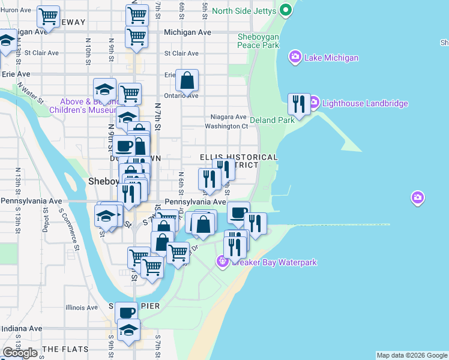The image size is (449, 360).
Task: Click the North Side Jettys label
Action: tap(244, 11)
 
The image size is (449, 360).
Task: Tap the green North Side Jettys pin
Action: tap(286, 10)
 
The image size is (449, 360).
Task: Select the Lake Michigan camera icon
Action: tap(295, 58)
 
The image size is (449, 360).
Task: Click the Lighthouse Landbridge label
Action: tap(365, 103)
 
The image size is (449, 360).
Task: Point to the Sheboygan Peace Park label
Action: tap(258, 41)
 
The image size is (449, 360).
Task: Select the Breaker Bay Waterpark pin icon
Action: tap(222, 262)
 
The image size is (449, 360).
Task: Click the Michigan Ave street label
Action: tap(187, 32)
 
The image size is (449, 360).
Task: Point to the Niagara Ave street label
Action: tap(229, 116)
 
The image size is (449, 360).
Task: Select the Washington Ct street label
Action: tap(226, 127)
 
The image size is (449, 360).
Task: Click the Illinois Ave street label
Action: tap(81, 307)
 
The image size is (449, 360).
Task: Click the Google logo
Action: tap(20, 353)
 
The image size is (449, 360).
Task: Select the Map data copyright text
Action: tap(412, 355)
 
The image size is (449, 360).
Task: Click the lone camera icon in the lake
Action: tap(418, 197)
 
